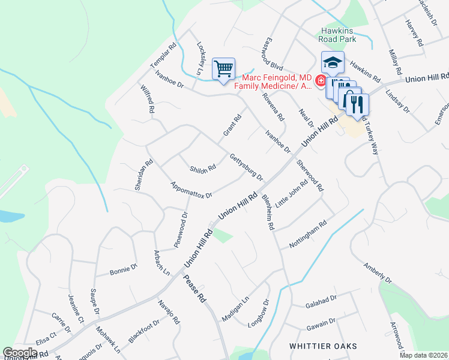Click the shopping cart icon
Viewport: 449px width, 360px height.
(x=223, y=69)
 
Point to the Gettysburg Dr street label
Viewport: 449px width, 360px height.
(x=246, y=167)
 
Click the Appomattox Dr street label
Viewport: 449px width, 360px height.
(x=191, y=190)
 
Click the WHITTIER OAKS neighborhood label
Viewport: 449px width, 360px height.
(x=323, y=346)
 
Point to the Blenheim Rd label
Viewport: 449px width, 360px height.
(x=267, y=212)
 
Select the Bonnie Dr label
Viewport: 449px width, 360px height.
(x=124, y=271)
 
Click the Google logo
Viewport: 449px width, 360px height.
(x=20, y=352)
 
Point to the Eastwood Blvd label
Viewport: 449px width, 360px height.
(x=272, y=55)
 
